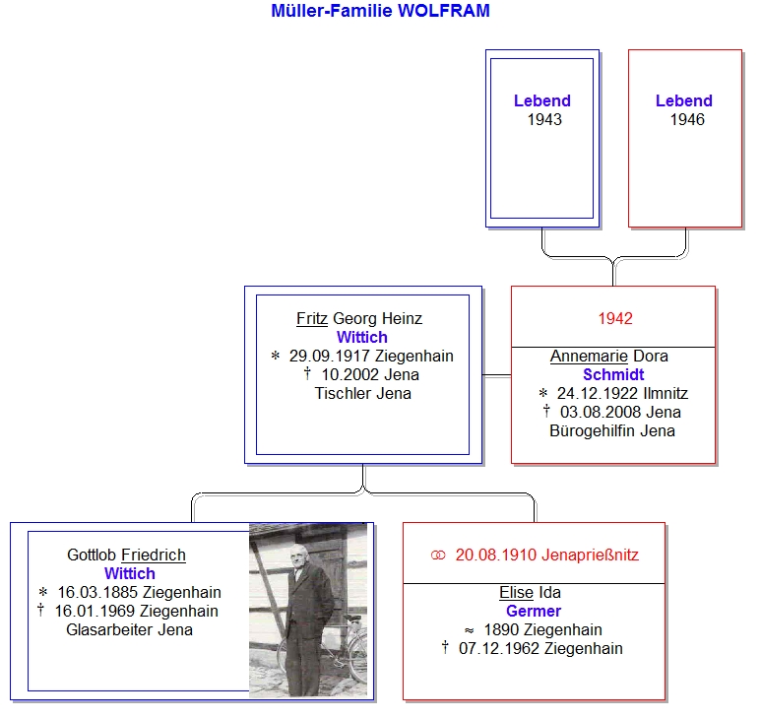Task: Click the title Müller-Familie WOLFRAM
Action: pos(380,11)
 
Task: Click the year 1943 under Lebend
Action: pos(544,119)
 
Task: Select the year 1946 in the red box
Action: pos(687,119)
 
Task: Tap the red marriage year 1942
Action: pos(615,318)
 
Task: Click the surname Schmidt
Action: pos(613,375)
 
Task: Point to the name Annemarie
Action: pos(589,356)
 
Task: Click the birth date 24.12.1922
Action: pos(598,393)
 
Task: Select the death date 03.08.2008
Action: pos(601,412)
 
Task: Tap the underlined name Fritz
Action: pos(312,318)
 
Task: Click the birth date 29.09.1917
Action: pos(330,356)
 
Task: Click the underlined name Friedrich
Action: pos(154,555)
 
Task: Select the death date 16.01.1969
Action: pos(95,612)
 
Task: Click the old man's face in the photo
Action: pos(298,557)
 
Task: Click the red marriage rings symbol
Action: pos(438,555)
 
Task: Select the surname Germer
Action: pos(534,612)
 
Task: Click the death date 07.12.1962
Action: pos(499,649)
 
